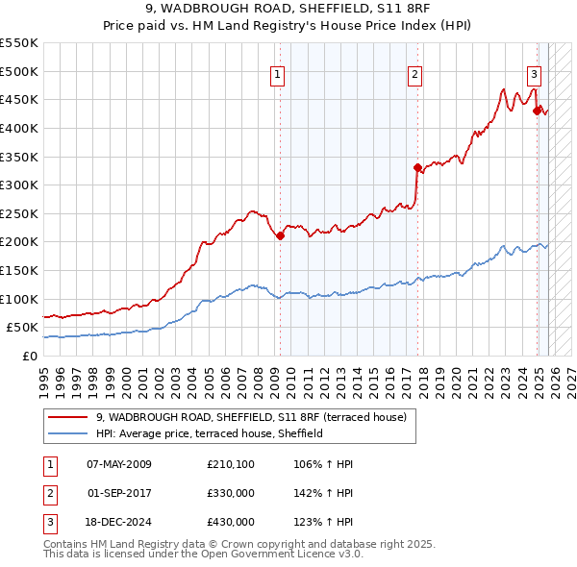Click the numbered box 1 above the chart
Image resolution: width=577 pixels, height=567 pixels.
tap(277, 75)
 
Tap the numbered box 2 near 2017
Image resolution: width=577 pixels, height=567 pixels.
tap(414, 75)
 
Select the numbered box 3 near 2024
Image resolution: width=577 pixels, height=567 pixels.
tap(534, 75)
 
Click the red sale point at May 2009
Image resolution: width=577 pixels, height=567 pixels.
tap(280, 235)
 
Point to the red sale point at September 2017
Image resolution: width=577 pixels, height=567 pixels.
tap(417, 167)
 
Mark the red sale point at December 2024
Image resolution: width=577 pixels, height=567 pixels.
tap(538, 111)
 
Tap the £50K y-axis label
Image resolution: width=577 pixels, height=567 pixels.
tap(22, 327)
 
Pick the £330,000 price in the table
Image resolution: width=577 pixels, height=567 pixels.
tap(231, 493)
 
